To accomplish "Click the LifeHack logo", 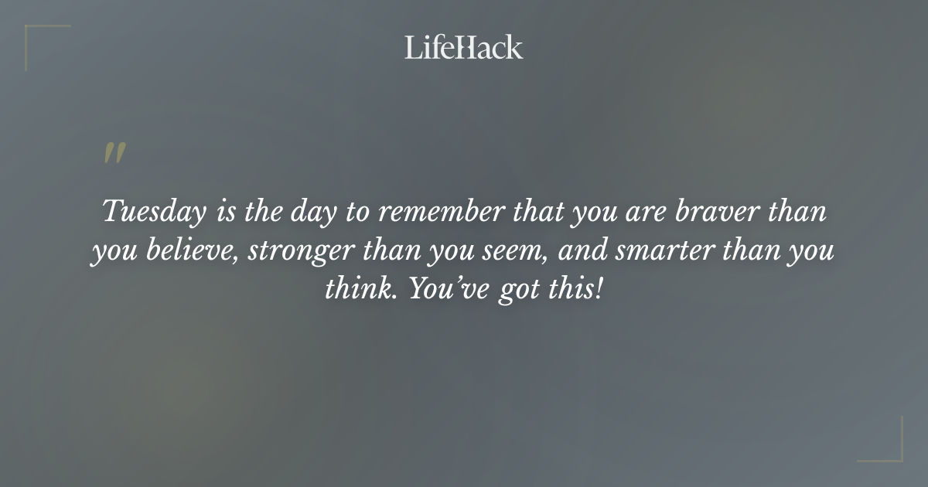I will (464, 47).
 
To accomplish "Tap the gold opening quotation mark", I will (114, 153).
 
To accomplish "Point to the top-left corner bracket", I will (39, 39).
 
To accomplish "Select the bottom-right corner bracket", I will (889, 448).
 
